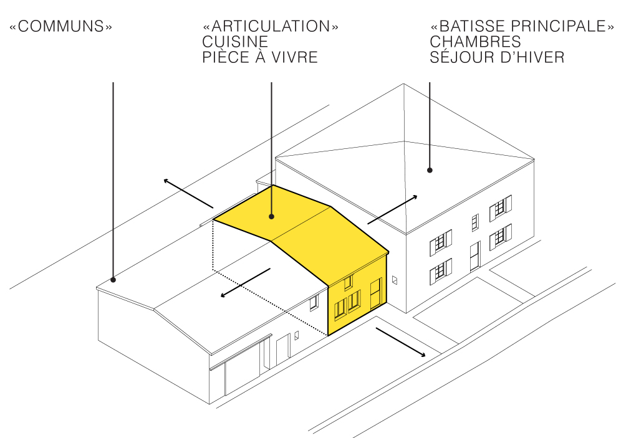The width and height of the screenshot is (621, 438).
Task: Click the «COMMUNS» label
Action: pos(60,27)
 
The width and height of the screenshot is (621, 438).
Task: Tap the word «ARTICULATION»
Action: pos(271,27)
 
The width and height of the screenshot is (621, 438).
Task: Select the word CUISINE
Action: pos(235,42)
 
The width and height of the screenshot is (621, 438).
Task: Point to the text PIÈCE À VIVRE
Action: pos(260,58)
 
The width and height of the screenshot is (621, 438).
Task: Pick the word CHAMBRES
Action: pos(475,42)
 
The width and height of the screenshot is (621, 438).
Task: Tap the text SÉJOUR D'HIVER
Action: pos(497,58)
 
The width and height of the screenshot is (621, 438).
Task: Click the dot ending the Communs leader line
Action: pos(113,279)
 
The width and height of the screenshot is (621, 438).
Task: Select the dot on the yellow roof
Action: pos(272,216)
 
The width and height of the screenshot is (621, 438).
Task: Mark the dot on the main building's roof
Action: pos(430,169)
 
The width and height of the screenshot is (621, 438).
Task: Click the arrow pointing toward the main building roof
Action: pos(392,209)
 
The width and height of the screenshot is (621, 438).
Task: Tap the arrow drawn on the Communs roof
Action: pos(245,283)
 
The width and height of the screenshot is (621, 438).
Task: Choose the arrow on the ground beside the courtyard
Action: pos(400,343)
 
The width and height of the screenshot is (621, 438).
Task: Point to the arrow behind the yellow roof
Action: pos(188,193)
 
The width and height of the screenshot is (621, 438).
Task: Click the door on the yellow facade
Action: pos(375,294)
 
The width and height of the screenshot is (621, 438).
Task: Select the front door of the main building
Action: pos(474,256)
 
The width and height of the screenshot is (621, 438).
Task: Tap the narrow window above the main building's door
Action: pos(474,222)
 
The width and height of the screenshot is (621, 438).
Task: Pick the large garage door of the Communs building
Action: pos(243,373)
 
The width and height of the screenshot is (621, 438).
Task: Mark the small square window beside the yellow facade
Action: pos(395,280)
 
